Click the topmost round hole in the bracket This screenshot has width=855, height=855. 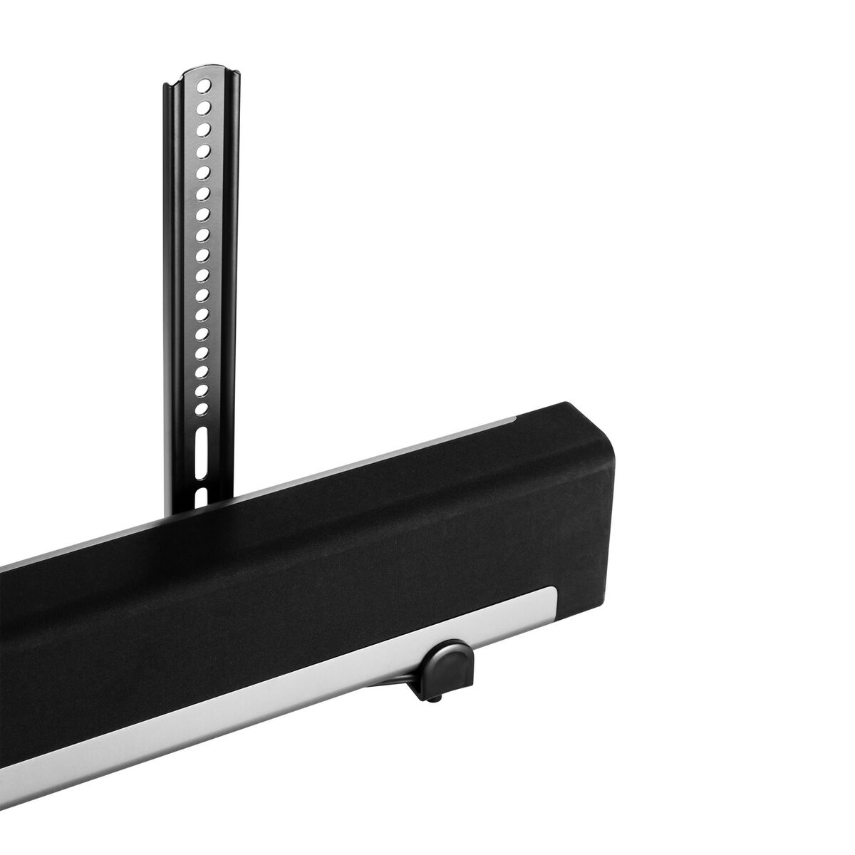pyautogui.click(x=205, y=86)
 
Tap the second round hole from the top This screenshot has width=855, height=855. pyautogui.click(x=205, y=108)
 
